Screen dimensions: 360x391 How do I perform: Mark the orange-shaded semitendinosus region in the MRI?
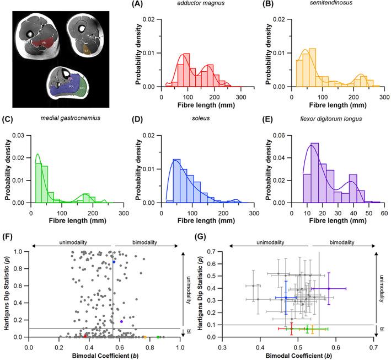pyautogui.click(x=86, y=50)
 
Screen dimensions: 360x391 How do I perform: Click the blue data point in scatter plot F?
pyautogui.click(x=114, y=262)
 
